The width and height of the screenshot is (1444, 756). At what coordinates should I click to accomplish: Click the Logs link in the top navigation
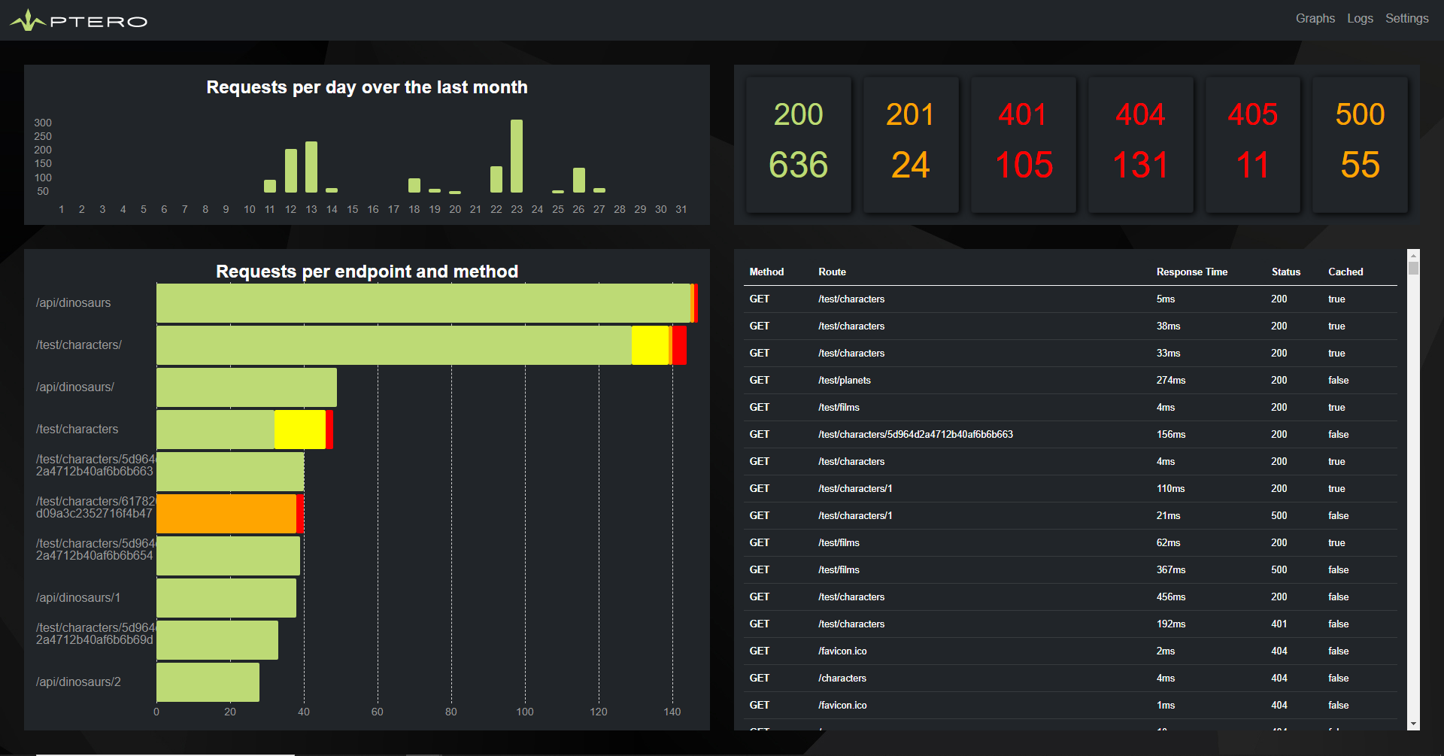pos(1360,19)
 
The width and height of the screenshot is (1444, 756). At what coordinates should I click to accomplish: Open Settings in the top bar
pos(1406,19)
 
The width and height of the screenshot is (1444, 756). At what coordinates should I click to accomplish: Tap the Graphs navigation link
pos(1315,19)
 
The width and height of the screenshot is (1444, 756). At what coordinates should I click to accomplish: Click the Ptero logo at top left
pos(79,20)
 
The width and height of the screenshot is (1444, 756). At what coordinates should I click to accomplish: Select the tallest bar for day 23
pos(517,156)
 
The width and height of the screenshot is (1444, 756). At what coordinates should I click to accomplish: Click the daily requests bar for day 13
pos(311,167)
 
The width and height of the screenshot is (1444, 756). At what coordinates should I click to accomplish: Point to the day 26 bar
pos(578,180)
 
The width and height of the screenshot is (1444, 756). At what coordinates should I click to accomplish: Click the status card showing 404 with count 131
pos(1140,144)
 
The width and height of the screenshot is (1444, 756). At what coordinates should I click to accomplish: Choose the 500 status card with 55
pos(1360,144)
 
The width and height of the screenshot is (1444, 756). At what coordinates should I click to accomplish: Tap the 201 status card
pos(910,144)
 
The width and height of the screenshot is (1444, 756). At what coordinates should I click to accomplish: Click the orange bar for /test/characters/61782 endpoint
pos(226,514)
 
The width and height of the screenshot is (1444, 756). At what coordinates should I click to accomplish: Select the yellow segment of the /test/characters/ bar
pos(650,345)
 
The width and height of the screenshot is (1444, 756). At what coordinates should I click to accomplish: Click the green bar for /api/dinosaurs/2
pos(208,682)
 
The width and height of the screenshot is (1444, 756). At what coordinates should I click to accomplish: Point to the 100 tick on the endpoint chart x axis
pos(525,712)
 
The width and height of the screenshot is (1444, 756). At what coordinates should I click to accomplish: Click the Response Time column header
pos(1191,272)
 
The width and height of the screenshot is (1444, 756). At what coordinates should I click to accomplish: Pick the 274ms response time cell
pos(1170,381)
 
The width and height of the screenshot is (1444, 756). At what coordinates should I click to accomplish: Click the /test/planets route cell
pos(845,381)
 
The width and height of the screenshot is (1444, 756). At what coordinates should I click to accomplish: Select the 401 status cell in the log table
pos(1279,624)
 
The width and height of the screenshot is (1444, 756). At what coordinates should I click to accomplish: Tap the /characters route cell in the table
pos(842,679)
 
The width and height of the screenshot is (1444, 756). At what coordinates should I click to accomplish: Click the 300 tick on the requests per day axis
pos(43,123)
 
